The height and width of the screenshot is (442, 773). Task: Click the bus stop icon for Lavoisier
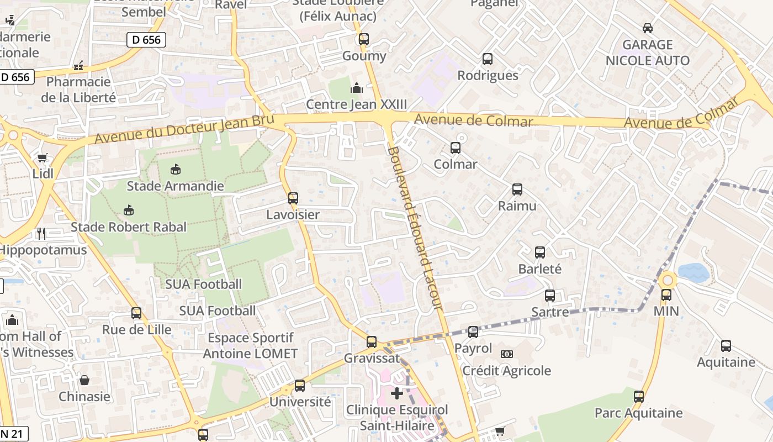[293, 198]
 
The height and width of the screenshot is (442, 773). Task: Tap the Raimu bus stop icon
[517, 189]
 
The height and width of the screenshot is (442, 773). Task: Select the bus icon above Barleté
[540, 252]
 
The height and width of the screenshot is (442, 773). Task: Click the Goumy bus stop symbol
[364, 39]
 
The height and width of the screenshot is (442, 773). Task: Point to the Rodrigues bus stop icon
[488, 59]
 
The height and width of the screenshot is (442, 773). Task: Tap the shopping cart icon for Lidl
[43, 157]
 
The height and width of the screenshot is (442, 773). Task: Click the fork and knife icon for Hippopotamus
[41, 233]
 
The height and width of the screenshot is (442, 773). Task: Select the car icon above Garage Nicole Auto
[648, 28]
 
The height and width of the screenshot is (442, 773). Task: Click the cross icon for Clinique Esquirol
[397, 393]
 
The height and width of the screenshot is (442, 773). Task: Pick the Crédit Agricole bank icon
[506, 354]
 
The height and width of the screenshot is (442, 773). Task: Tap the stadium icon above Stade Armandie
[176, 169]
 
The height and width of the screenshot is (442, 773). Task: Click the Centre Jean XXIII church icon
[357, 88]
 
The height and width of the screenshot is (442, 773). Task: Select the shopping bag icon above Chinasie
[84, 380]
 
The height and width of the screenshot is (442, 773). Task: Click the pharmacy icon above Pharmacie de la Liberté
[78, 66]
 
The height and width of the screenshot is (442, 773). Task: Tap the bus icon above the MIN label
[666, 294]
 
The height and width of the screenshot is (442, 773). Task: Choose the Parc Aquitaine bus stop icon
[639, 396]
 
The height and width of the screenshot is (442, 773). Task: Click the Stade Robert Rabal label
[129, 227]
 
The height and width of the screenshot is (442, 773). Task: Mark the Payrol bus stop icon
[473, 332]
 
